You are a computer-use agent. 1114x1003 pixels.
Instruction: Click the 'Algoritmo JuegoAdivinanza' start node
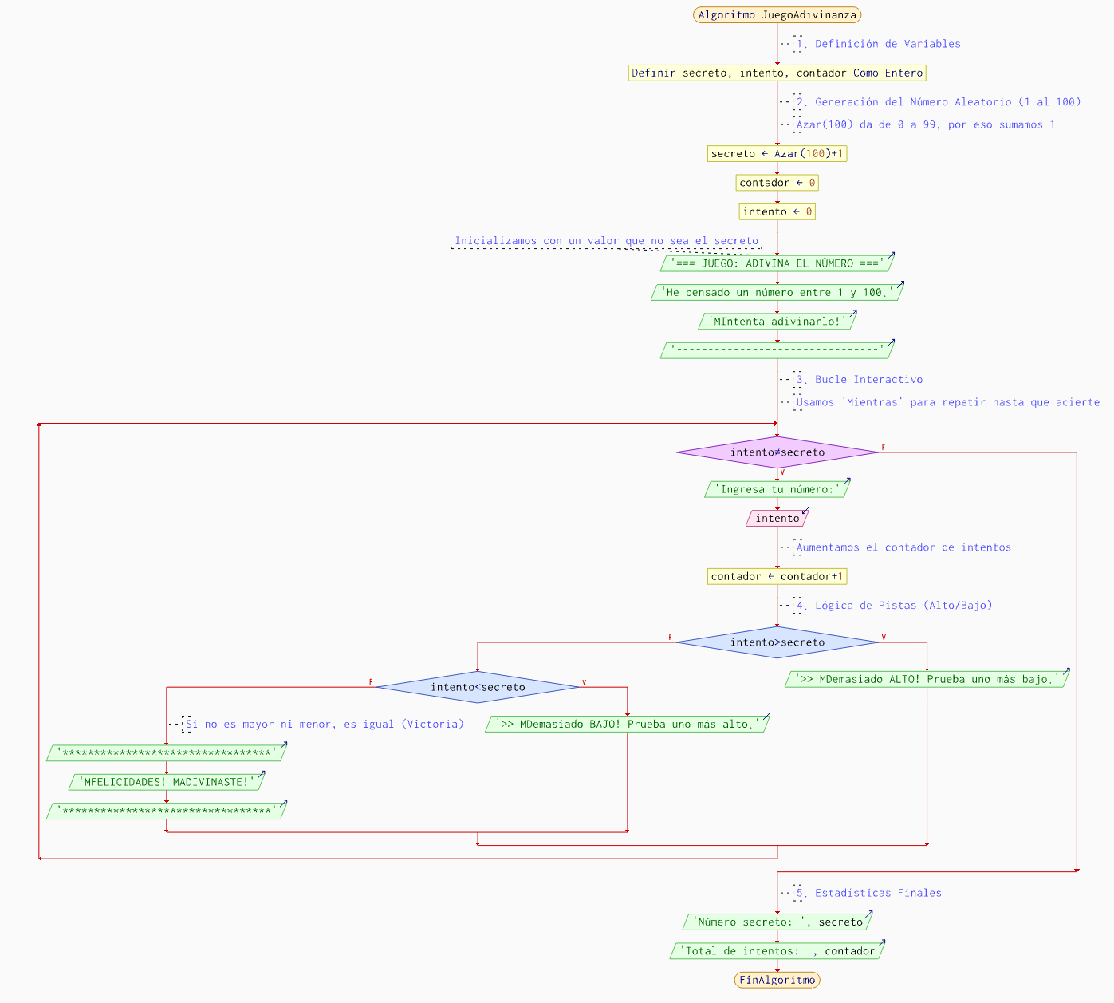pyautogui.click(x=777, y=15)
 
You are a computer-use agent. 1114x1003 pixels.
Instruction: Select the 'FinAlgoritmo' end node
pyautogui.click(x=777, y=980)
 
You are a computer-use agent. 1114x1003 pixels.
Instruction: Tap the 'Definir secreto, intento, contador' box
pyautogui.click(x=777, y=73)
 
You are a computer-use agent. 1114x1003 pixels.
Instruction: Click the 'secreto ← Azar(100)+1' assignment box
pyautogui.click(x=777, y=154)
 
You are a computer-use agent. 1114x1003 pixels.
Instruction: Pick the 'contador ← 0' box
pyautogui.click(x=777, y=183)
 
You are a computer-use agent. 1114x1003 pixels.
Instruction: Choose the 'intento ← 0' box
pyautogui.click(x=777, y=211)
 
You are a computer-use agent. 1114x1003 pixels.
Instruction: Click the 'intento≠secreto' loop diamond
pyautogui.click(x=777, y=452)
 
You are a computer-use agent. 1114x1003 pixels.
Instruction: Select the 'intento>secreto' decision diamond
pyautogui.click(x=777, y=642)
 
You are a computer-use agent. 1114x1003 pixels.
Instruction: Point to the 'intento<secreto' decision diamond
pyautogui.click(x=478, y=687)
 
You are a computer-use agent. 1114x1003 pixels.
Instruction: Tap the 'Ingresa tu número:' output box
pyautogui.click(x=777, y=489)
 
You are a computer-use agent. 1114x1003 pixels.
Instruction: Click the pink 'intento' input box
pyautogui.click(x=777, y=519)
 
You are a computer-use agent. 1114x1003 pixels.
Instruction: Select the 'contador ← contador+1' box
pyautogui.click(x=777, y=576)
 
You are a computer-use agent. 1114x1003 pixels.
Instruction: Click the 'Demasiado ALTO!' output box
pyautogui.click(x=927, y=679)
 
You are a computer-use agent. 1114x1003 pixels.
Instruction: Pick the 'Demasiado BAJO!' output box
pyautogui.click(x=627, y=725)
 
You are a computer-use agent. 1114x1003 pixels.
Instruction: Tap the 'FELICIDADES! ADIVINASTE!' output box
pyautogui.click(x=166, y=782)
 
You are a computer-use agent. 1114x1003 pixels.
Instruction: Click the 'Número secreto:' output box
pyautogui.click(x=777, y=922)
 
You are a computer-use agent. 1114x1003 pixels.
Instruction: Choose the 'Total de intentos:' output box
pyautogui.click(x=777, y=951)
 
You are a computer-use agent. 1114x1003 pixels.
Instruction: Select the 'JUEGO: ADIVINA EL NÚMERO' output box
pyautogui.click(x=777, y=263)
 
